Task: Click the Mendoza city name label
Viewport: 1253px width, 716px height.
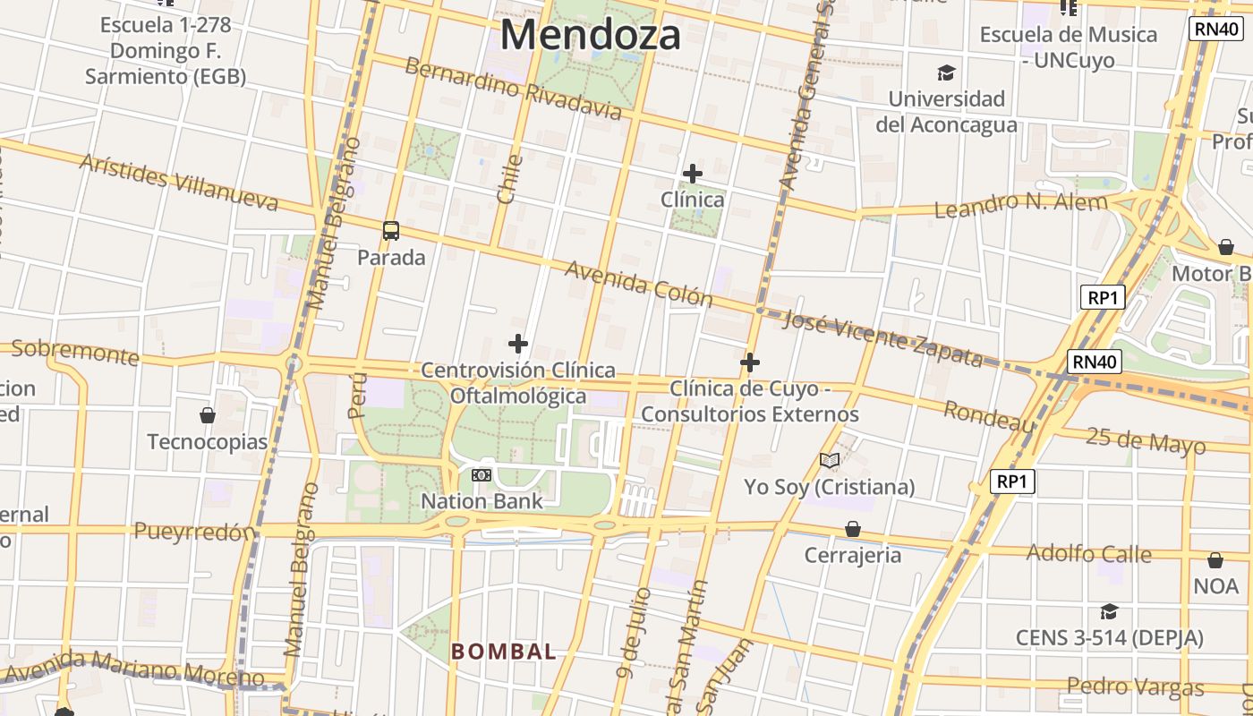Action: pyautogui.click(x=591, y=35)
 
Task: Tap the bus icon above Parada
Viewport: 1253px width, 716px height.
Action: pyautogui.click(x=391, y=231)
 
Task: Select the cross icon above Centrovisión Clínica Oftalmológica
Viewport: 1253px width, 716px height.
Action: pyautogui.click(x=517, y=344)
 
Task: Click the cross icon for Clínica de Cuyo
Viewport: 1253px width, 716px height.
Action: pyautogui.click(x=750, y=362)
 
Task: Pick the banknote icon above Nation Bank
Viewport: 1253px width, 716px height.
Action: pyautogui.click(x=482, y=475)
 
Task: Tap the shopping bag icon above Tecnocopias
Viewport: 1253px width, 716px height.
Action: pyautogui.click(x=208, y=415)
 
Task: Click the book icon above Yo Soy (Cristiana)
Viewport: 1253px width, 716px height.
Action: pyautogui.click(x=830, y=461)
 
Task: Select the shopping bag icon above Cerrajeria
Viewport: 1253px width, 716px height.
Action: pyautogui.click(x=853, y=529)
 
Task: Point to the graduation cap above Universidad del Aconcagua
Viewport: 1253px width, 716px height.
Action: pyautogui.click(x=946, y=72)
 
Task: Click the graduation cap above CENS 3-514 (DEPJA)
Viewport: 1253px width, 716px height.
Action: pyautogui.click(x=1109, y=611)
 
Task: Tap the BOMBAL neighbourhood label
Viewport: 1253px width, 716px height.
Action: pyautogui.click(x=504, y=652)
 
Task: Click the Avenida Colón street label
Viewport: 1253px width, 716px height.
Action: pyautogui.click(x=638, y=284)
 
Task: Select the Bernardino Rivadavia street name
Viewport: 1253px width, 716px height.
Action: pyautogui.click(x=513, y=88)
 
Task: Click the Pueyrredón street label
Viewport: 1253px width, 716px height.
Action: pyautogui.click(x=194, y=532)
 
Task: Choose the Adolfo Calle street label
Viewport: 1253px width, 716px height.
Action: pyautogui.click(x=1088, y=553)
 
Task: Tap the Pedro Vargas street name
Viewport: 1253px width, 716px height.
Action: pyautogui.click(x=1135, y=687)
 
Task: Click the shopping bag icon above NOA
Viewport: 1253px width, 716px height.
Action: pyautogui.click(x=1215, y=561)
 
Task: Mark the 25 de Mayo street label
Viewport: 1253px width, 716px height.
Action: pyautogui.click(x=1146, y=440)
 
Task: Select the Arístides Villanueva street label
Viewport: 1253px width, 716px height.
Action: pyautogui.click(x=179, y=182)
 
